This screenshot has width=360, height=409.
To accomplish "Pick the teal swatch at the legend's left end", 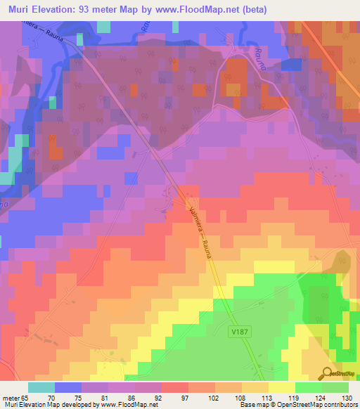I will coord(41,387).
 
